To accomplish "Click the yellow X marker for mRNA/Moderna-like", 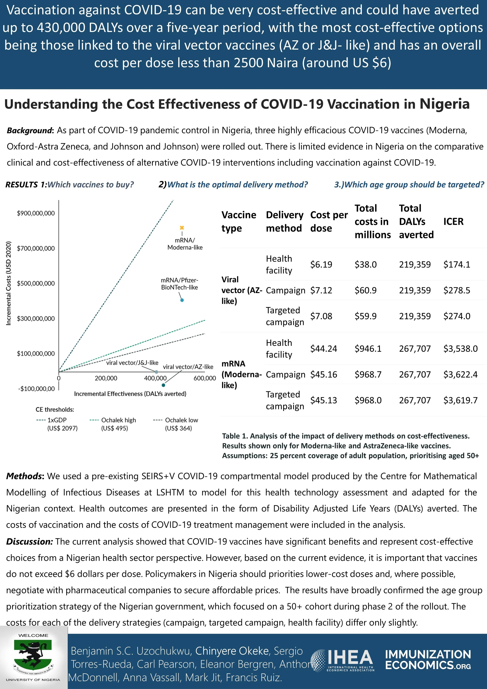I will coord(182,228).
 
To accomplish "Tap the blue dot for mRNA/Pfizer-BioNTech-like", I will coord(182,300).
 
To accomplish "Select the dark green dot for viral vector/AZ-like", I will coord(163,385).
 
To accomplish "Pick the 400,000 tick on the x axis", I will coord(155,378).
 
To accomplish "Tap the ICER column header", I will coord(453,221).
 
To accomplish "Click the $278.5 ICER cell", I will coord(457,290).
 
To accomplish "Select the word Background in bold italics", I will coord(30,131).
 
